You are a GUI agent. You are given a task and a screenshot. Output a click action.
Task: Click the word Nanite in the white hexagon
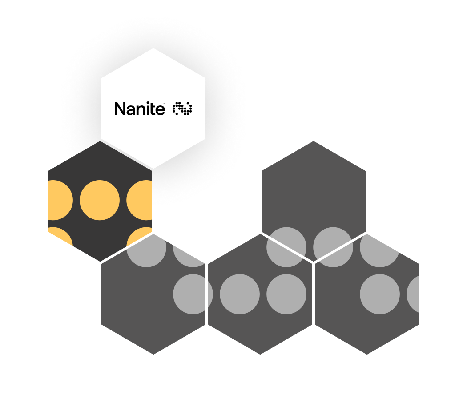139,109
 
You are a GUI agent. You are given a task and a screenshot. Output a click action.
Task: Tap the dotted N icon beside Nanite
182,109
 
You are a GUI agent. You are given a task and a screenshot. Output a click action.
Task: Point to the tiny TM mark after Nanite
164,104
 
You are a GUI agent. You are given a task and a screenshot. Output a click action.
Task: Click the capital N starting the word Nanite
119,109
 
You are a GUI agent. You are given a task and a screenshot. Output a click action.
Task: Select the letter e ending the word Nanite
160,110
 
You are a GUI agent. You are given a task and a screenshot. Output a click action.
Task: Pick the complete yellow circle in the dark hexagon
100,200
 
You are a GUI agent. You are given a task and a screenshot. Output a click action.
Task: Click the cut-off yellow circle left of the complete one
59,200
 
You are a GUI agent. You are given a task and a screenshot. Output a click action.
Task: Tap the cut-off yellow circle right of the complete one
140,200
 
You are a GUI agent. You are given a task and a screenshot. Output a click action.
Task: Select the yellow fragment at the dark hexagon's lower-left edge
59,235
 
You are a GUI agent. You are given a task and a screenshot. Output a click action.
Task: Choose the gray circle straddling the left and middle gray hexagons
193,294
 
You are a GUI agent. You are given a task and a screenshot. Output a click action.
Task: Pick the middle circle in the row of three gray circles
239,294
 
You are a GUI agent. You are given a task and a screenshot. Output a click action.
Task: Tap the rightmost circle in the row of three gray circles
286,294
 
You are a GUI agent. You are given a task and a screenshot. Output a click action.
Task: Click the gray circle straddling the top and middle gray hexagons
286,247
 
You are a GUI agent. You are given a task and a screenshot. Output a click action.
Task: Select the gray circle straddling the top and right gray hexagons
333,247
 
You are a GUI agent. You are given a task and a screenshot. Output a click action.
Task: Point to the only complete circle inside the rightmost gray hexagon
379,294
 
